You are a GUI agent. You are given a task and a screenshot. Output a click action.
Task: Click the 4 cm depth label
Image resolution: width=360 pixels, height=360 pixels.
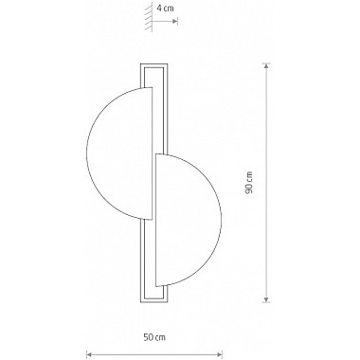click(x=166, y=9)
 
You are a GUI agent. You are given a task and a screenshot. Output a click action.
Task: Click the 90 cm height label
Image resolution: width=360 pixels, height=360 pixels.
click(x=249, y=183)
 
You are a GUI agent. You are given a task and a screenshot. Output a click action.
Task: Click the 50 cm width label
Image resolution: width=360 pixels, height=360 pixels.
click(x=154, y=337)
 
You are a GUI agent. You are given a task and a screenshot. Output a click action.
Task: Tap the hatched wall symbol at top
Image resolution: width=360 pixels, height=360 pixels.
click(x=149, y=19)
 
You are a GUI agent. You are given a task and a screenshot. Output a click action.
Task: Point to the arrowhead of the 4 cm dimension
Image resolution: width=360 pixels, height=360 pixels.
click(x=174, y=21)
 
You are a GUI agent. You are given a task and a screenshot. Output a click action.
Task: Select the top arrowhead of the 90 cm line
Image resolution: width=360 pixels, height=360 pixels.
click(x=267, y=66)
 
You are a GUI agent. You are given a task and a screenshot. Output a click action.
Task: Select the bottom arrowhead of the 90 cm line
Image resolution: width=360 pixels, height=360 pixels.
click(x=267, y=299)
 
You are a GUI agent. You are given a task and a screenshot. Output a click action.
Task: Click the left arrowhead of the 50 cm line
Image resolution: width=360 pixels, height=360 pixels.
click(x=89, y=354)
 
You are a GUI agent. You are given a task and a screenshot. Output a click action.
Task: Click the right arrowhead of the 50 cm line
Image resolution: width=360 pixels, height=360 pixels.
click(x=219, y=354)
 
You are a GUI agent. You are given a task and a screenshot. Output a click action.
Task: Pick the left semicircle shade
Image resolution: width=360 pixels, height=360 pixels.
click(x=120, y=153)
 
